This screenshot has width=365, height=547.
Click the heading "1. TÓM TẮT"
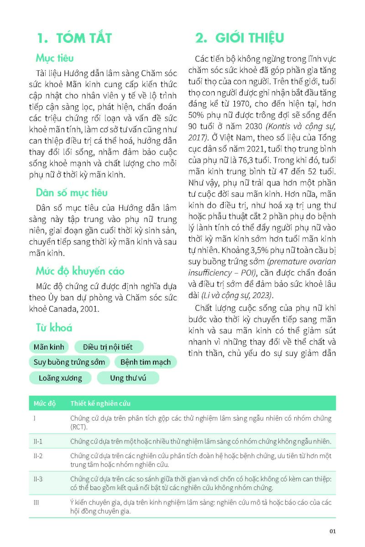point(74,38)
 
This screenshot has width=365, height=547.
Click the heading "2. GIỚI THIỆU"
point(240,38)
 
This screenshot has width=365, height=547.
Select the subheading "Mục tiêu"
point(55,58)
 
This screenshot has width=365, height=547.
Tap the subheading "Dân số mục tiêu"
point(72,192)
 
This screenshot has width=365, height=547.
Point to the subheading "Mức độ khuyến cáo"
point(80,271)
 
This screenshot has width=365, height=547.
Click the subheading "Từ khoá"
point(54,327)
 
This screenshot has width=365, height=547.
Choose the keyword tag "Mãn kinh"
point(49,347)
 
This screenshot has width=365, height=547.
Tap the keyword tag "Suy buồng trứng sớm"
point(69,362)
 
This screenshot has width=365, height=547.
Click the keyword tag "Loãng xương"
point(60,378)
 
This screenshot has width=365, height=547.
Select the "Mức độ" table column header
point(45,403)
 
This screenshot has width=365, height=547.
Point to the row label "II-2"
point(38,456)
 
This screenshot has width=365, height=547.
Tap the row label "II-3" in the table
point(38,479)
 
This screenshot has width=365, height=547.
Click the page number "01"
point(333,531)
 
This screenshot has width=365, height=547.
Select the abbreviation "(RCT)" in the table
point(79,427)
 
